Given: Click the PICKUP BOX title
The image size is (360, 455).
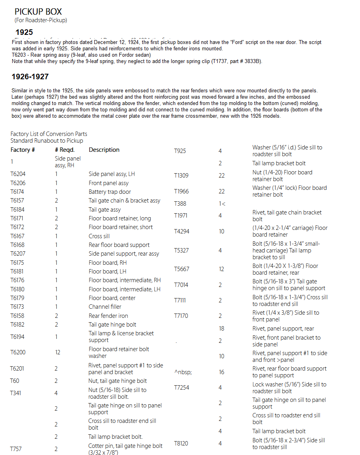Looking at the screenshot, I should click(x=38, y=11).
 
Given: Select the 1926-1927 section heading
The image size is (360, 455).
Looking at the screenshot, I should click(x=30, y=76).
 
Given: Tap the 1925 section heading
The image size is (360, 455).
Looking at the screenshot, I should click(x=24, y=32).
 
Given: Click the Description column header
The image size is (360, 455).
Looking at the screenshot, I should click(x=104, y=150).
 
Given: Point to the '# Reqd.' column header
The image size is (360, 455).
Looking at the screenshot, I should click(x=65, y=150).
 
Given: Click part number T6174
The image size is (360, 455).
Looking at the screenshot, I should click(x=18, y=192).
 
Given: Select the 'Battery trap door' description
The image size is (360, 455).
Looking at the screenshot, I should click(x=110, y=192).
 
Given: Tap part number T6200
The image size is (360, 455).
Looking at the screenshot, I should click(x=18, y=352).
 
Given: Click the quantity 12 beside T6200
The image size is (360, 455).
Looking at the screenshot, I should click(x=58, y=352).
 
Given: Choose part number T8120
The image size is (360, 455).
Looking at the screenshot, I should click(x=181, y=444).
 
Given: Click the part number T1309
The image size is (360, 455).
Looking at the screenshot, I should click(x=181, y=176).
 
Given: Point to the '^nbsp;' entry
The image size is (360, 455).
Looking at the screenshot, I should click(x=183, y=372).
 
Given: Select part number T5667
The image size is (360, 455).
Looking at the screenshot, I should click(x=182, y=269).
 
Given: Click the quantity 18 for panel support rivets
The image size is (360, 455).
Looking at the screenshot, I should click(x=222, y=328).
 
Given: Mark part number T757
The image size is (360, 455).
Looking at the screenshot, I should click(x=16, y=449).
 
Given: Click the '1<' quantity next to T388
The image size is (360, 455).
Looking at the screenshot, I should click(x=222, y=204).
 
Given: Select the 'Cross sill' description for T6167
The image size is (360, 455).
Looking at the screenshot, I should click(x=99, y=236).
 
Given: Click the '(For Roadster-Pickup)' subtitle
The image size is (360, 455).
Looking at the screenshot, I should click(x=41, y=20).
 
